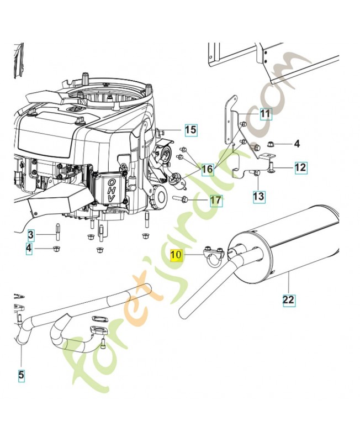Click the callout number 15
[190, 130]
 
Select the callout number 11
[266, 114]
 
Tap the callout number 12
[300, 167]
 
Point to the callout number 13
[259, 196]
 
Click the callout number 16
[207, 169]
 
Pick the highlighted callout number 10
[176, 255]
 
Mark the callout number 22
[288, 300]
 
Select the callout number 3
[31, 235]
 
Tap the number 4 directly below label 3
[31, 250]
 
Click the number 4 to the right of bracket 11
[297, 144]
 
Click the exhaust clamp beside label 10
[211, 257]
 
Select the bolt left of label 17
[179, 198]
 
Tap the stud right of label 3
[56, 231]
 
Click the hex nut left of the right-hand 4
[272, 144]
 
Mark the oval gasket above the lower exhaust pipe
[99, 319]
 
